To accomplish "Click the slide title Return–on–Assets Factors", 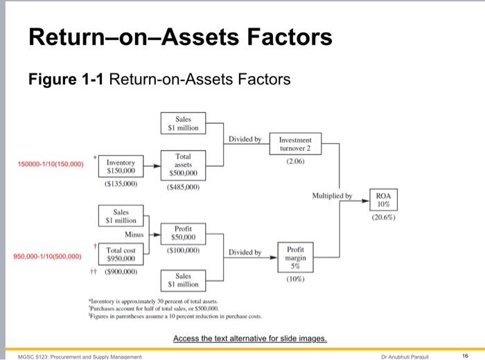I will coord(179,37).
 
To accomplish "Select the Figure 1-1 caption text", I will coord(159,80).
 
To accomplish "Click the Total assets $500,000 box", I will coord(183,165).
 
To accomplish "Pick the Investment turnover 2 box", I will coord(295,144).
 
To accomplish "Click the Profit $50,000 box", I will coord(183,234).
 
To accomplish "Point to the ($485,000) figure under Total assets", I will coord(183,187).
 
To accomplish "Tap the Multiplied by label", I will coord(334,196).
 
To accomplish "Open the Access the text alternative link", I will coord(249,339).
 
